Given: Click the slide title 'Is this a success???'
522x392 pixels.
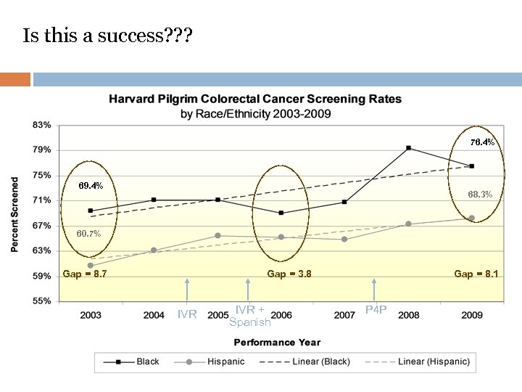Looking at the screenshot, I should point(108,36).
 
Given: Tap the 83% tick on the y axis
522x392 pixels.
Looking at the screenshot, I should point(41,125).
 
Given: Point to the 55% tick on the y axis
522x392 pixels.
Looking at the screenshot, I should point(41,301).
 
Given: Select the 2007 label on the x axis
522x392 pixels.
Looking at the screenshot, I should point(344,315).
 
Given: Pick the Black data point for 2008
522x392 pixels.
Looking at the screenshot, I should point(408,148).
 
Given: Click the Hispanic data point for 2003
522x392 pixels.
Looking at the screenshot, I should point(91,265).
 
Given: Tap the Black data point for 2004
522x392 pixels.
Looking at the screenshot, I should point(154,200).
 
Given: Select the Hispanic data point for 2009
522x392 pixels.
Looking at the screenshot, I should point(471,218).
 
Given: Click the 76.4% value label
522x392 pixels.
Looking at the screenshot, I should point(482,142).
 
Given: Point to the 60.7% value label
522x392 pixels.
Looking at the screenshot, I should point(88,234).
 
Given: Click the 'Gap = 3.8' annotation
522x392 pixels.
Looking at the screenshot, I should point(289,274).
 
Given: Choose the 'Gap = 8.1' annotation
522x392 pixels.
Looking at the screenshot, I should point(476,274).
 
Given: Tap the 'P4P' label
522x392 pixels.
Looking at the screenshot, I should point(376,310).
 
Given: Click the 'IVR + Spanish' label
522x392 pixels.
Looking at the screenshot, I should point(249,316).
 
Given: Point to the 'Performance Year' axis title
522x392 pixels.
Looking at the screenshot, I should point(275,342).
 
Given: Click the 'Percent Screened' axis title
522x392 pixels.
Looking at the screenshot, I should point(15,213).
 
